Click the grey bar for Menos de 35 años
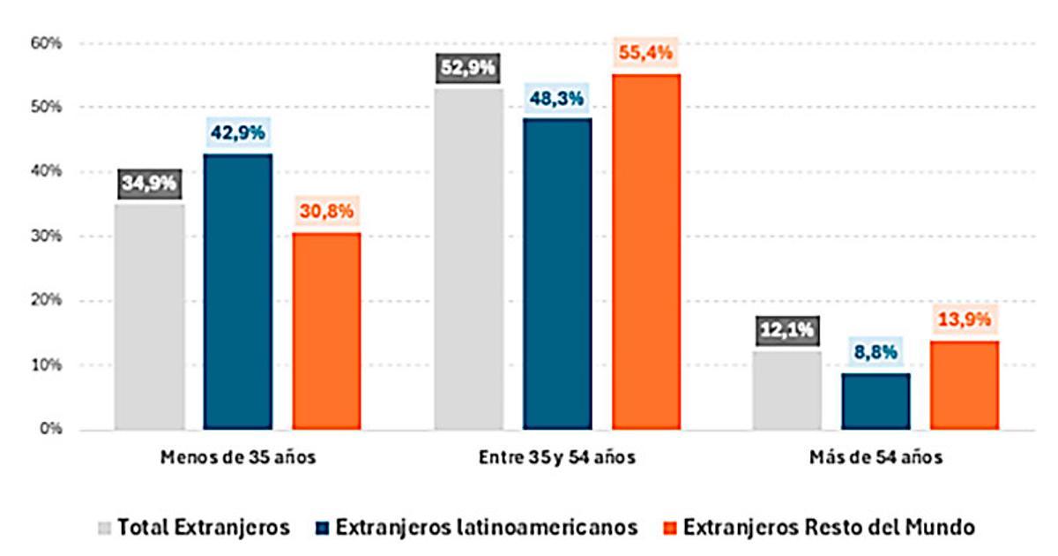tap(150, 318)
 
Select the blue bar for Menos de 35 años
tap(238, 292)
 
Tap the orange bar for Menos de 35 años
tap(326, 331)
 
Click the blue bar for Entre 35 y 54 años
tap(557, 274)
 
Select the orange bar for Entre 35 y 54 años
tap(646, 252)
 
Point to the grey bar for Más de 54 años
tap(787, 390)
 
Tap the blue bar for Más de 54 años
tap(875, 401)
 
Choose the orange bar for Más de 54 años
tap(965, 385)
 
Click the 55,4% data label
tap(646, 53)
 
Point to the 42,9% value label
tap(238, 133)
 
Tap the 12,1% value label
tap(787, 331)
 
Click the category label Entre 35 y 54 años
tap(556, 458)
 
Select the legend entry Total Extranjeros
tap(193, 528)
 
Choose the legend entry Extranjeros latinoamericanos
tap(475, 528)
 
